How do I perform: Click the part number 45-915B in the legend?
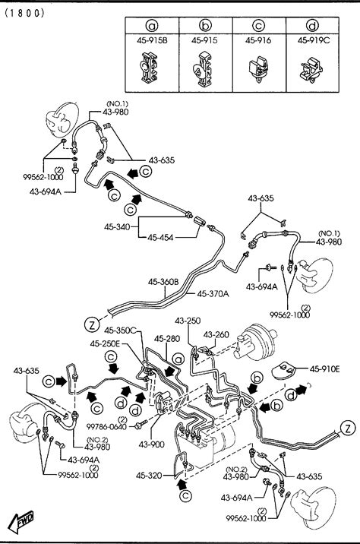152,40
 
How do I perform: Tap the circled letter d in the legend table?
313,26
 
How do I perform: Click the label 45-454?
160,238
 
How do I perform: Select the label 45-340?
117,227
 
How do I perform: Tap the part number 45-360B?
163,282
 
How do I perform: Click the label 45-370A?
213,294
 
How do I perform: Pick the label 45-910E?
324,369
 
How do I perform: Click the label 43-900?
151,444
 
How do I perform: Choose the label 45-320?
149,476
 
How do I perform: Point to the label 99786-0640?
106,426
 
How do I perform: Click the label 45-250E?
105,343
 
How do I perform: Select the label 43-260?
216,334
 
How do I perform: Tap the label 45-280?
167,338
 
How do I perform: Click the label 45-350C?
120,330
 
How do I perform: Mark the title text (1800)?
25,13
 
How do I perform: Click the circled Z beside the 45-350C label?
92,324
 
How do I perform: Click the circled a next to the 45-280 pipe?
178,359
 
